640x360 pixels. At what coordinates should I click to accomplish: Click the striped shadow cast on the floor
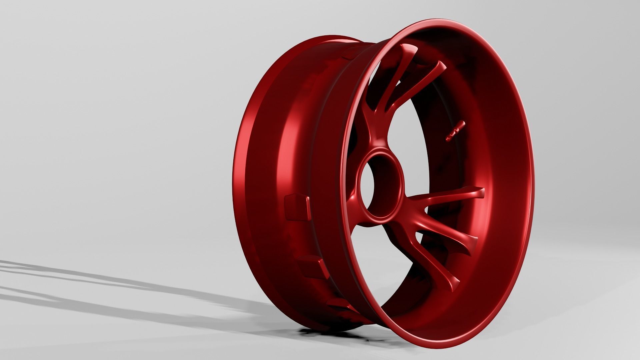(x=100, y=287)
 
